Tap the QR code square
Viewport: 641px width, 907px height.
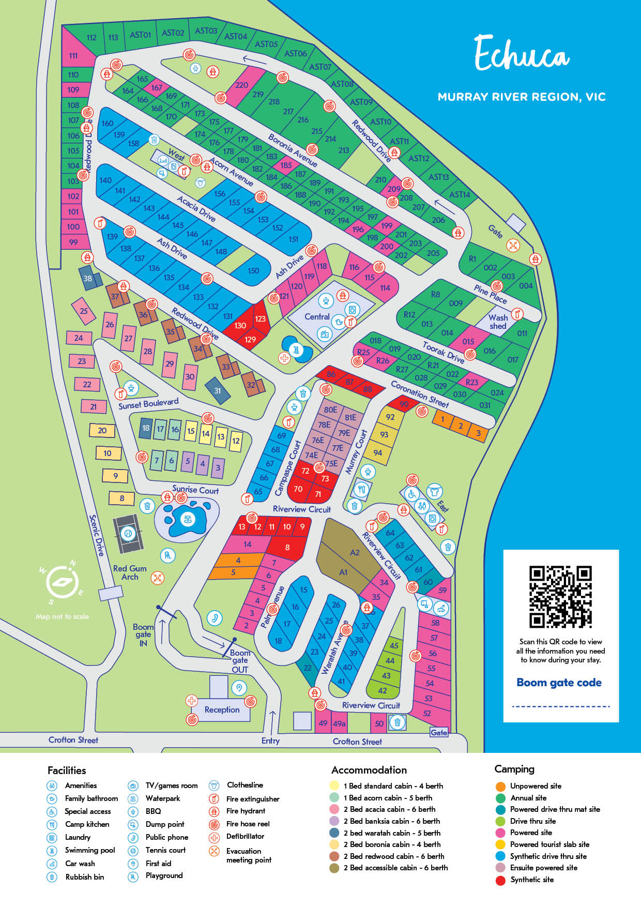[560, 597]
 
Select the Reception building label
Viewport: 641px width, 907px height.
[222, 709]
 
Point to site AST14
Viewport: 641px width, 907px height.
[459, 194]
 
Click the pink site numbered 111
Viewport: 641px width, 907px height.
[73, 55]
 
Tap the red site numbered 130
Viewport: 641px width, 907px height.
[240, 325]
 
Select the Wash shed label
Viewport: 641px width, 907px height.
[498, 322]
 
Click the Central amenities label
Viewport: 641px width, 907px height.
[317, 316]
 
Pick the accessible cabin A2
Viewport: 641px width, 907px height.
[355, 552]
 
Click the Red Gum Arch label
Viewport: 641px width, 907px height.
[130, 572]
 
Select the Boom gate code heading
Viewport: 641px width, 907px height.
[559, 683]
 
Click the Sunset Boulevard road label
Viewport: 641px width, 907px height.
[148, 403]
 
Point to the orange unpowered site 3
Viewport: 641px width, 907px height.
[478, 433]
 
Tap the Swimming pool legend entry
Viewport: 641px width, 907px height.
[89, 850]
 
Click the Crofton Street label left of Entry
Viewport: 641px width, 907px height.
[73, 740]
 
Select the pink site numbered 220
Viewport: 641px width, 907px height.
[241, 85]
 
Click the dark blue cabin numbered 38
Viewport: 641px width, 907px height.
[88, 278]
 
